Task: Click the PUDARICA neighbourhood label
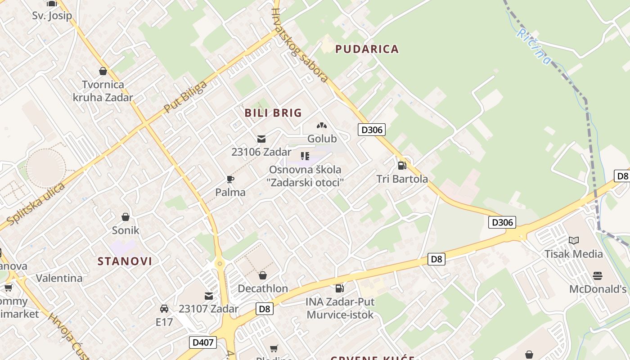click(367, 49)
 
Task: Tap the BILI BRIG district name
click(273, 113)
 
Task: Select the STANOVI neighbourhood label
click(125, 261)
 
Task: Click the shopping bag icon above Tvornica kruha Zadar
click(103, 71)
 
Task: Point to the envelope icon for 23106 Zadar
click(261, 139)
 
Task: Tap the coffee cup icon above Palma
click(230, 180)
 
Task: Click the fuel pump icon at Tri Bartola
click(402, 166)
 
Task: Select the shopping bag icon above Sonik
click(126, 217)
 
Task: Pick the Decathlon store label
click(263, 288)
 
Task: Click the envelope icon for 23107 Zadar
click(209, 296)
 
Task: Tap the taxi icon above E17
click(164, 309)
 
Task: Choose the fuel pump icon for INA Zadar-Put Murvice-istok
click(340, 288)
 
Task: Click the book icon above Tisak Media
click(573, 241)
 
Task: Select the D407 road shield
click(203, 342)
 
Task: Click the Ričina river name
click(534, 46)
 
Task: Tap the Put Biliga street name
click(185, 97)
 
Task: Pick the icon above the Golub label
click(321, 126)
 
